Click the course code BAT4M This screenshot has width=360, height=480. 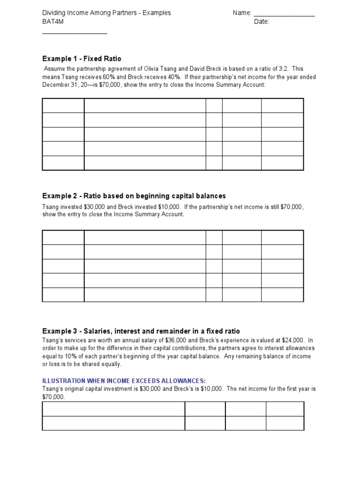pos(52,22)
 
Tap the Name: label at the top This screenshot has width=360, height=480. pos(242,13)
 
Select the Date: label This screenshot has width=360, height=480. pos(262,22)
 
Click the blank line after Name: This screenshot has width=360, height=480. pos(284,14)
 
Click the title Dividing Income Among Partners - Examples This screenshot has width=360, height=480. pos(106,13)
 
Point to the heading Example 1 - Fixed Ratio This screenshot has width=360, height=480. pos(82,59)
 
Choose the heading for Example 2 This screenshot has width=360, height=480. pos(134,195)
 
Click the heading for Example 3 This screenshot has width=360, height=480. pos(141,331)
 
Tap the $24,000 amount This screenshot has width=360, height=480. pos(292,340)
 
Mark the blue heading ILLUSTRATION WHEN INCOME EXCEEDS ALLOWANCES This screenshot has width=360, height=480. pos(124,380)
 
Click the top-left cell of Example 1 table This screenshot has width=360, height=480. pos(63,105)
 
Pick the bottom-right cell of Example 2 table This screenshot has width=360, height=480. pos(282,294)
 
